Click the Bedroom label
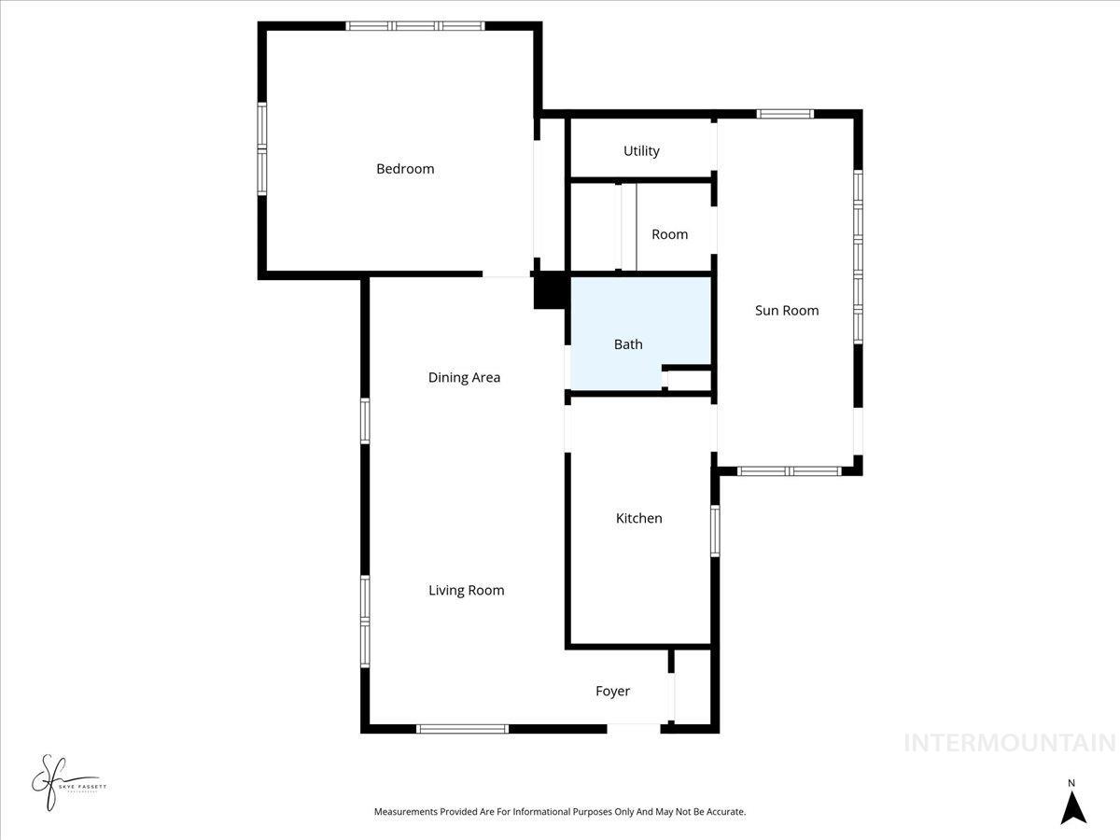pyautogui.click(x=405, y=169)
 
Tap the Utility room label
pyautogui.click(x=641, y=151)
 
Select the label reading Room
pyautogui.click(x=669, y=234)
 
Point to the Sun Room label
pyautogui.click(x=787, y=311)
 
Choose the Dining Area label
pyautogui.click(x=464, y=378)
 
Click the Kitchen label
pyautogui.click(x=638, y=518)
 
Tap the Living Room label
pyautogui.click(x=466, y=590)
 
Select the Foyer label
pyautogui.click(x=612, y=692)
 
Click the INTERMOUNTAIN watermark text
pyautogui.click(x=1009, y=743)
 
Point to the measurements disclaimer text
pyautogui.click(x=560, y=812)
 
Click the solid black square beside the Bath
pyautogui.click(x=550, y=290)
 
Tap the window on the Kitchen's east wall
pyautogui.click(x=715, y=530)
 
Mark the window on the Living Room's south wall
pyautogui.click(x=462, y=728)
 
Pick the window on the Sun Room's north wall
pyautogui.click(x=785, y=114)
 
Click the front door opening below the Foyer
pyautogui.click(x=634, y=727)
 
